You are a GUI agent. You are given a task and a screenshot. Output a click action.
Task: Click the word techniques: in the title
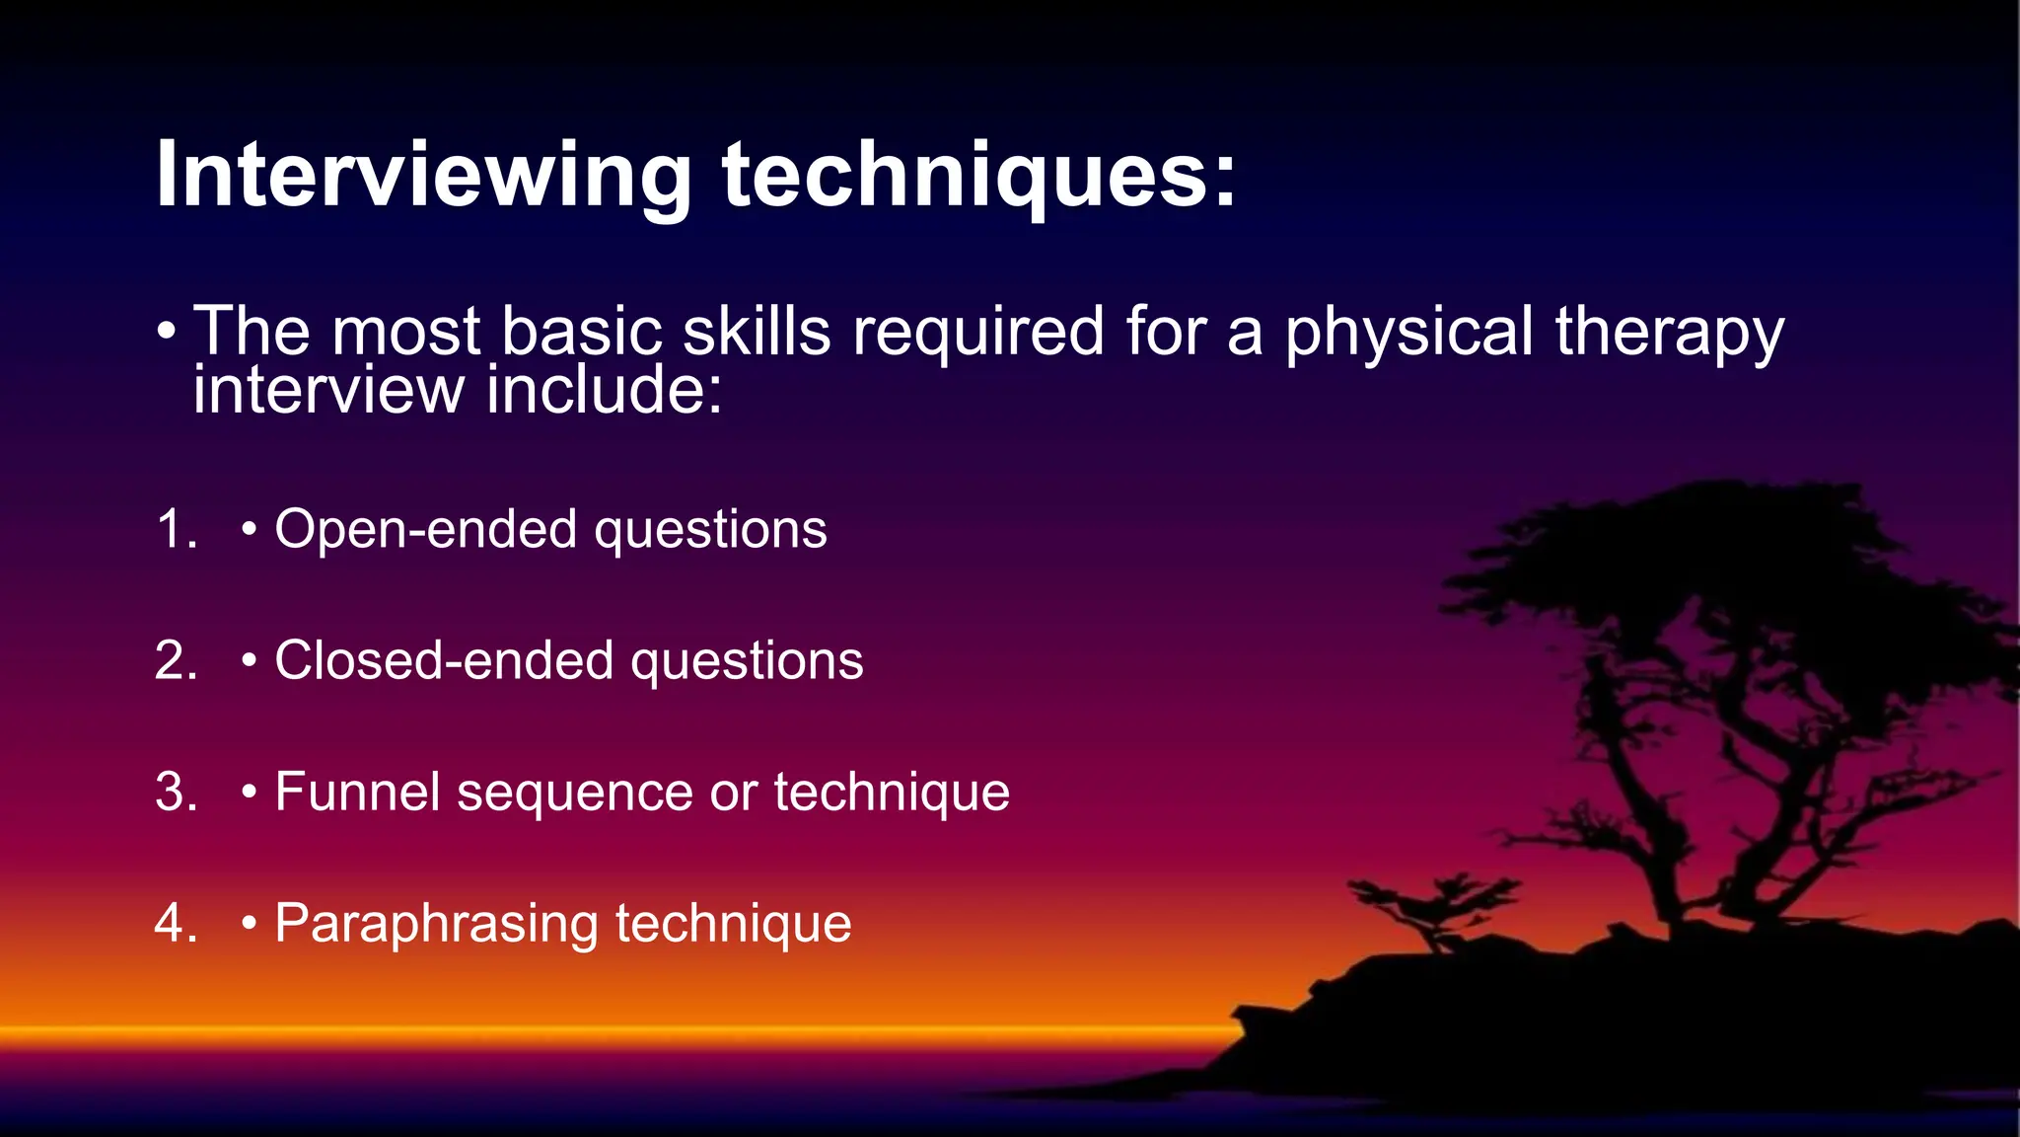pos(978,176)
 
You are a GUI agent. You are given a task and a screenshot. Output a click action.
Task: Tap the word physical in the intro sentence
pos(1408,333)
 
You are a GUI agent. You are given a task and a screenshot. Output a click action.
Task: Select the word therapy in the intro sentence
pos(1669,333)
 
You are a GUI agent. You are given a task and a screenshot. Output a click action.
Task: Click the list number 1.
pos(176,529)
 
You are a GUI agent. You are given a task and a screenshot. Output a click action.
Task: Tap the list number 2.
pos(176,660)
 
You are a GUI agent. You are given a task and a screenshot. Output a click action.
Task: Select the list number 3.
pos(176,792)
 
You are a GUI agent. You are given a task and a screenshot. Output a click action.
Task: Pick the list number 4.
pos(176,923)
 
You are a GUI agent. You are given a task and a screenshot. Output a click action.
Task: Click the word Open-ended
pos(424,529)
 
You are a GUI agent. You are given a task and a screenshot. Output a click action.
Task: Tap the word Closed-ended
pos(442,660)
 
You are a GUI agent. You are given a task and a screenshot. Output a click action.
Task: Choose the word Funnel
pos(357,792)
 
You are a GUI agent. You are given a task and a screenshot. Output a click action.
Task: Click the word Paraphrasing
pos(436,925)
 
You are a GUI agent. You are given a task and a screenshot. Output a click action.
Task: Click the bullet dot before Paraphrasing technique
pos(250,925)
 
